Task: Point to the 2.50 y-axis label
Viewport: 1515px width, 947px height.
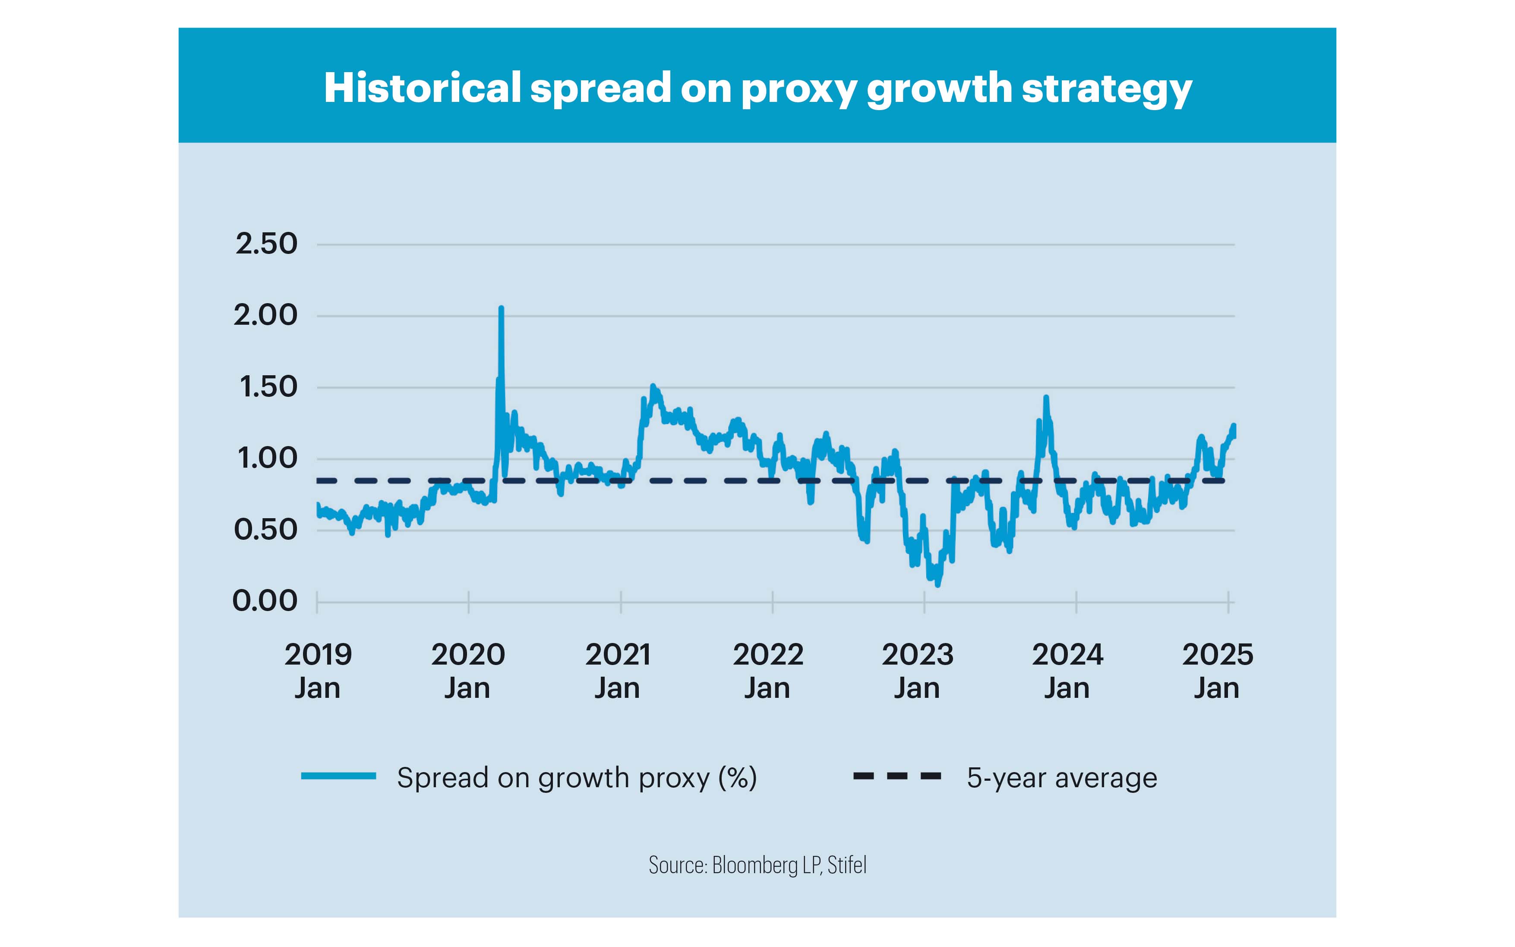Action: click(x=266, y=244)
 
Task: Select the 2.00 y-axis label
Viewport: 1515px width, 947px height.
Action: click(x=265, y=315)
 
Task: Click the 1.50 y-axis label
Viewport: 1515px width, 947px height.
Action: click(x=268, y=387)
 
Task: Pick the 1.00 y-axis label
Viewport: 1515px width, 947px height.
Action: click(x=267, y=459)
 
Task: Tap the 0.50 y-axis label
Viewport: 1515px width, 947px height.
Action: click(x=265, y=530)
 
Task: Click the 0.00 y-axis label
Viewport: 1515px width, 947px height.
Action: click(x=265, y=601)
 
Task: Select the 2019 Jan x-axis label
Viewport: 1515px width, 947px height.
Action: click(x=318, y=671)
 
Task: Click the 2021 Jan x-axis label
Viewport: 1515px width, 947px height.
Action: click(x=618, y=671)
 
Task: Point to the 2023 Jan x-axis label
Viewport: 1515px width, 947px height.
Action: click(x=917, y=671)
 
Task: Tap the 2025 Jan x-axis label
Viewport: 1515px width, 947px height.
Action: click(x=1217, y=671)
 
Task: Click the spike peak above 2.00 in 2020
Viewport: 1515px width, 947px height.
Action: click(x=501, y=308)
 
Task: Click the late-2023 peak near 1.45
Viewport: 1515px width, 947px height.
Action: click(x=1045, y=397)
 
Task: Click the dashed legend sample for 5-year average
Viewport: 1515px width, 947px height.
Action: click(x=897, y=776)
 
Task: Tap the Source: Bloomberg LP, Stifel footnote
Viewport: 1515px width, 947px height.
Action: click(x=757, y=865)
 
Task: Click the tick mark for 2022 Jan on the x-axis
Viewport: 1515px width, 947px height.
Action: click(x=773, y=602)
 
